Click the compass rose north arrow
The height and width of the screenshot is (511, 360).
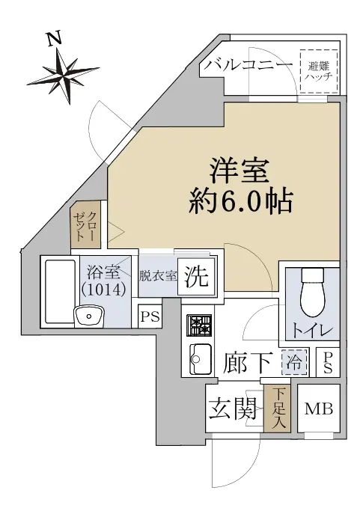pos(63,76)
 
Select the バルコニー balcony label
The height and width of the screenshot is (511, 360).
pos(248,66)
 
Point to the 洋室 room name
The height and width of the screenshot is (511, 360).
pos(240,171)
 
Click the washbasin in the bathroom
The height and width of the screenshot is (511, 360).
pos(89,315)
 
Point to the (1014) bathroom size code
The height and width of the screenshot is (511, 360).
pos(103,289)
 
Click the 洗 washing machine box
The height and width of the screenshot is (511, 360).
pos(197,277)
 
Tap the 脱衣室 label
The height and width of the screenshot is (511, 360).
pos(158,277)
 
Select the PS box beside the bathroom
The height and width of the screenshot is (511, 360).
pos(150,316)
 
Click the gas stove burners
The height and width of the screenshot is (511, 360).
pos(199,325)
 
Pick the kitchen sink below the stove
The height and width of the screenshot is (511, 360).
pos(201,359)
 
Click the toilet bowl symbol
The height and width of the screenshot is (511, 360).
pos(314,293)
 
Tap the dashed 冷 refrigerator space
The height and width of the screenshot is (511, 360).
pos(294,362)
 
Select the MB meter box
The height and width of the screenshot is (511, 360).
pos(319,409)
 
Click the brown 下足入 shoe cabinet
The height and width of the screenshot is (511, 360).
pos(277,409)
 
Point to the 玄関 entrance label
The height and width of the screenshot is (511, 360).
pos(233,408)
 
